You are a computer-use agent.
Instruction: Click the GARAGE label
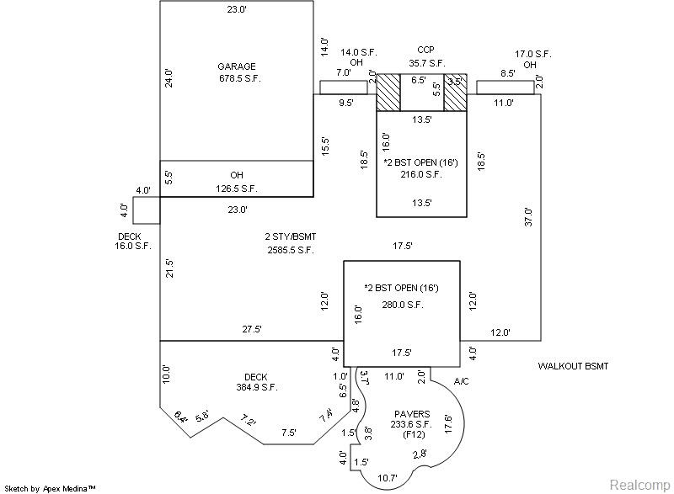[236, 66]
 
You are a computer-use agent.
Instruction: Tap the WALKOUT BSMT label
[572, 366]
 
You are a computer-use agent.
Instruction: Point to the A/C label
[462, 381]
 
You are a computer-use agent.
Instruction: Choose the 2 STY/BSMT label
[289, 236]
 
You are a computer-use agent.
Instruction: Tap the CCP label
[425, 50]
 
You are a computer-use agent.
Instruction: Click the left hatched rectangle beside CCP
[388, 92]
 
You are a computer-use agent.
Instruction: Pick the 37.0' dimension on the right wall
[528, 217]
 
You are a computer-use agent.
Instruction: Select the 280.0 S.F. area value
[402, 305]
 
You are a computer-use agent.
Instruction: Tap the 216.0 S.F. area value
[420, 174]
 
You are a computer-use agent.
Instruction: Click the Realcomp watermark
[636, 485]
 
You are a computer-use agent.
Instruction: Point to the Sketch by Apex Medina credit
[51, 487]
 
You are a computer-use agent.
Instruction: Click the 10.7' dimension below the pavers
[387, 478]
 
